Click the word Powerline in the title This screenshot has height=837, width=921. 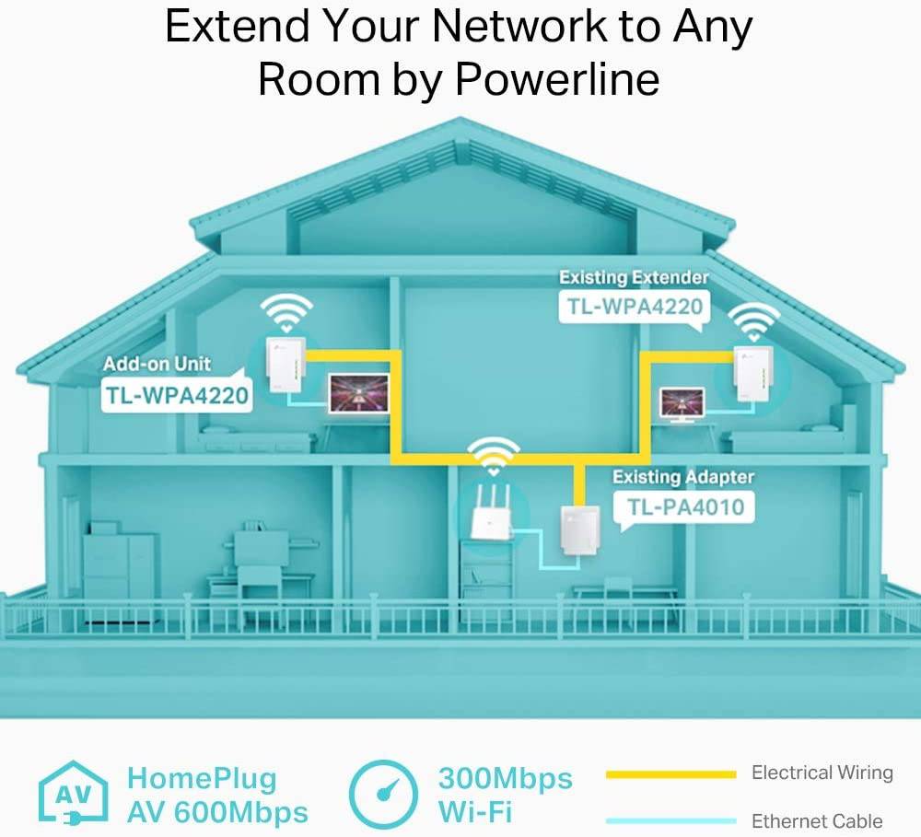[557, 79]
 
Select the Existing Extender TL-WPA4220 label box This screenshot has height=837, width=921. [635, 307]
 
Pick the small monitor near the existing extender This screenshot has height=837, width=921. [682, 402]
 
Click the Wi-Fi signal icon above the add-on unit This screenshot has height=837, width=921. [286, 311]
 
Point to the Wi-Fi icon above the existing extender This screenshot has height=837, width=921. [753, 323]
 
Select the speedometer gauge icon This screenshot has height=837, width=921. [386, 795]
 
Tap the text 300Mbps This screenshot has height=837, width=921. [505, 778]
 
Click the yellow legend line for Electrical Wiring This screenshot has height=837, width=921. [670, 774]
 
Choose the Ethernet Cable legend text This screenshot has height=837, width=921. [817, 820]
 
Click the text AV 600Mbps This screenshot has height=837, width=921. [217, 813]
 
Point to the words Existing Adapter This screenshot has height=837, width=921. [682, 476]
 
